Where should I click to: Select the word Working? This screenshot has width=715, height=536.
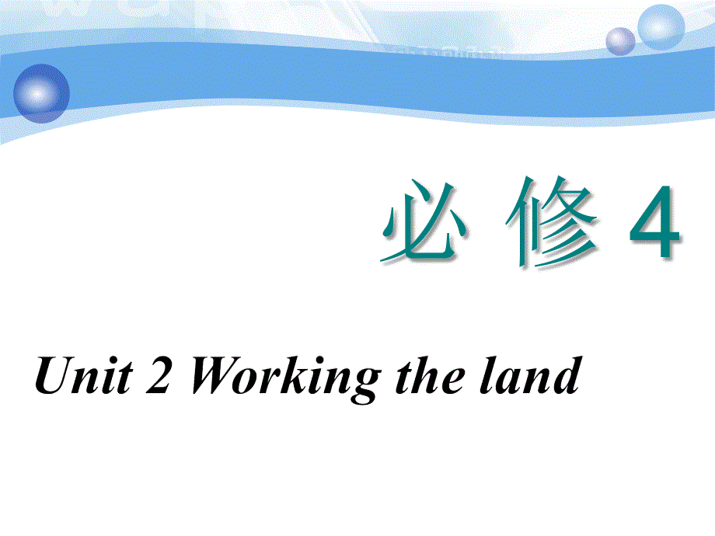click(284, 378)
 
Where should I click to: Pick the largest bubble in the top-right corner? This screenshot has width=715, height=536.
click(661, 27)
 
